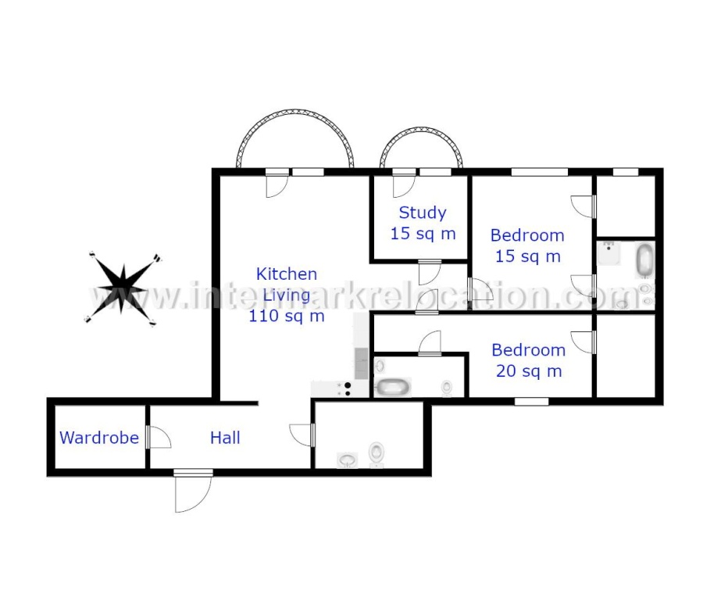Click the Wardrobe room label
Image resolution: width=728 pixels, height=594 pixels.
coord(99,438)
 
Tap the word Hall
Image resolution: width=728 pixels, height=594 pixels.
coord(225,438)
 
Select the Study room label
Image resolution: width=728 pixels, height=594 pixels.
coord(423,213)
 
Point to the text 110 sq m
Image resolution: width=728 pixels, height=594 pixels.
coord(287,316)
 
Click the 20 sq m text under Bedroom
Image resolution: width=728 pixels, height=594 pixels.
coord(529,371)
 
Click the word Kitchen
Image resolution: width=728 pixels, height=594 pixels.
coord(287,274)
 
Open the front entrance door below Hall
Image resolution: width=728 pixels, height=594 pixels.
coord(193,492)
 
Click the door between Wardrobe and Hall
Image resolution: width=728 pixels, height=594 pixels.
coord(158,437)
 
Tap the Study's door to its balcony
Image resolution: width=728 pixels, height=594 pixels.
coord(404,184)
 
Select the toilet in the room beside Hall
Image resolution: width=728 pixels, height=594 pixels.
coord(376,453)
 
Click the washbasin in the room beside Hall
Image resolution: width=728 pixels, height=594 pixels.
coord(347,460)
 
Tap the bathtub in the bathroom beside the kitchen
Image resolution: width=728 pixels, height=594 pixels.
coord(393,387)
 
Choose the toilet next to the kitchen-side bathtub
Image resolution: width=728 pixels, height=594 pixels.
coord(447,388)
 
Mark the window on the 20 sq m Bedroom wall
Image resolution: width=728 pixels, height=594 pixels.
coord(532,401)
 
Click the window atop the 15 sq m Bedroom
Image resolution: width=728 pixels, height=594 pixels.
coord(540,172)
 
